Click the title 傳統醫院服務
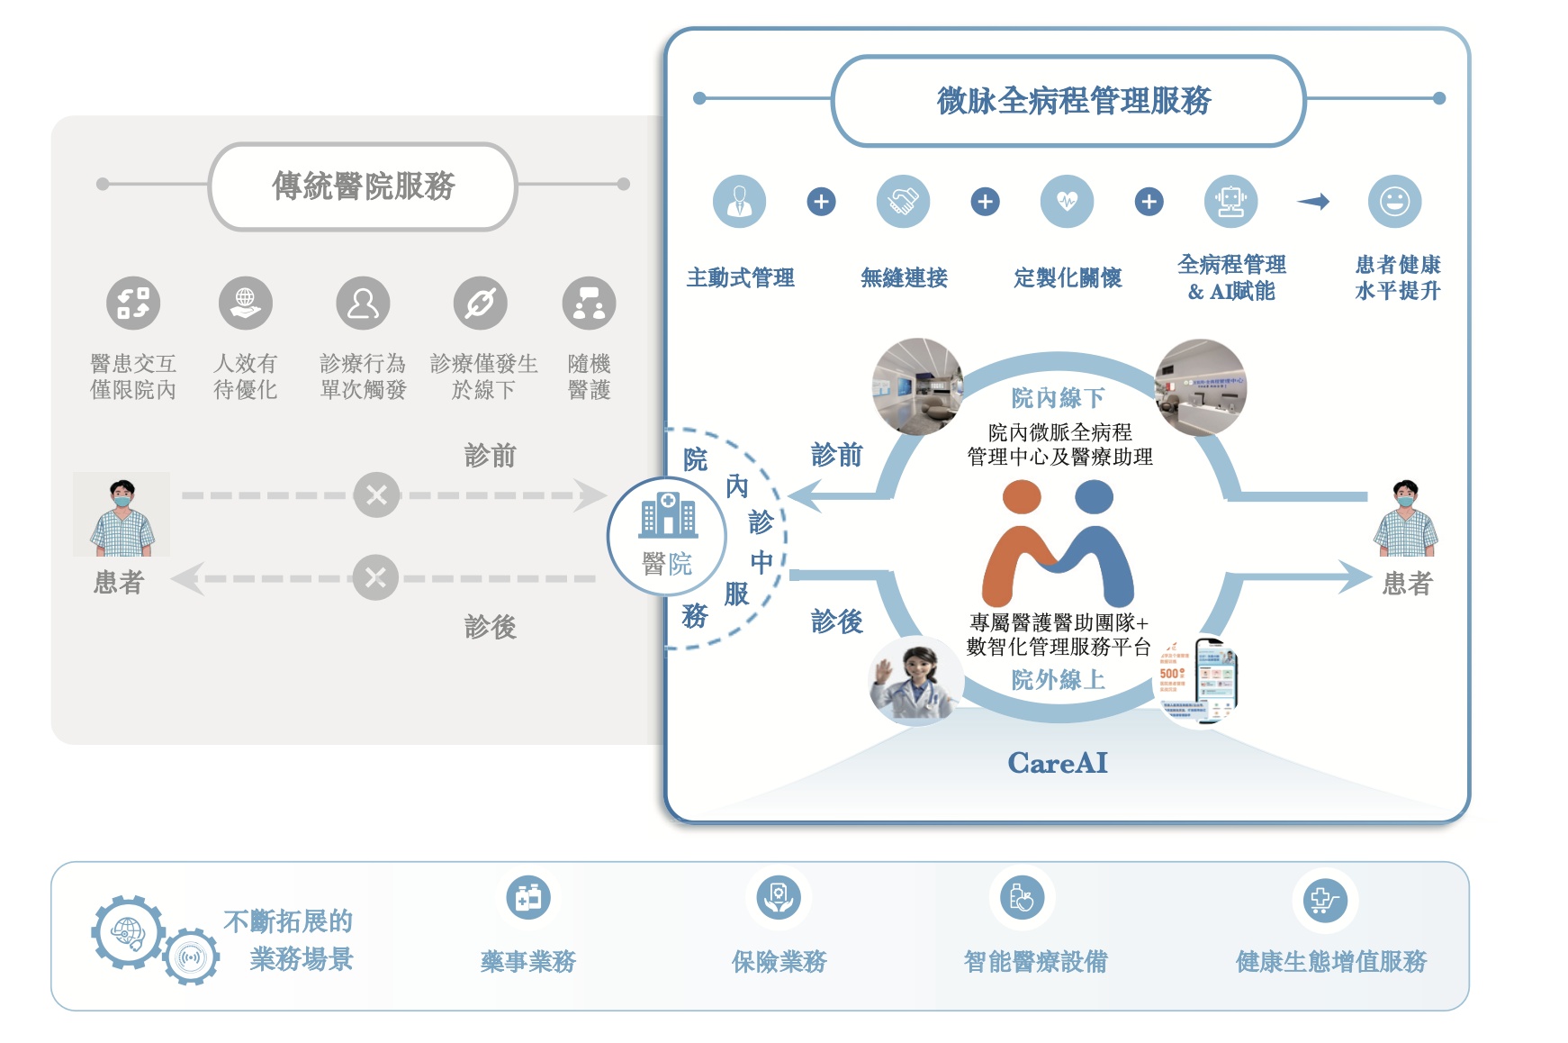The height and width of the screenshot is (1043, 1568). [363, 186]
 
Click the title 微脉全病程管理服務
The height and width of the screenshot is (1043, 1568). [1073, 101]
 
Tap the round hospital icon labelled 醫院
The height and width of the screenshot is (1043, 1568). [666, 536]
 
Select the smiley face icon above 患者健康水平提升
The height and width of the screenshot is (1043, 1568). [1394, 202]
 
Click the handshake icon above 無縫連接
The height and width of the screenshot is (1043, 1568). [903, 202]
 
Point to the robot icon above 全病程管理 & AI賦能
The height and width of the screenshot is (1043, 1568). [1230, 202]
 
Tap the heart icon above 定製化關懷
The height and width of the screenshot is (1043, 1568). [1067, 202]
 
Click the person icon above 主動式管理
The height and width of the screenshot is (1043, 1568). [739, 202]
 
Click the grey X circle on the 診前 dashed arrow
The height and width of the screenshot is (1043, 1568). [376, 494]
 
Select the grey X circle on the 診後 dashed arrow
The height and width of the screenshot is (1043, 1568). [375, 577]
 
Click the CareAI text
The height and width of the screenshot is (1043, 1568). [1058, 763]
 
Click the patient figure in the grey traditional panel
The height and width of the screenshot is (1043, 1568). [122, 517]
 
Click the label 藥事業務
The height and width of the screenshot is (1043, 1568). [527, 962]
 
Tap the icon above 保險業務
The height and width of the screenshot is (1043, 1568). [779, 898]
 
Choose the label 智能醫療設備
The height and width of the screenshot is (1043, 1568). [1035, 962]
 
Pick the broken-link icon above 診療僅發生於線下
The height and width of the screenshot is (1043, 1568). [481, 304]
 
